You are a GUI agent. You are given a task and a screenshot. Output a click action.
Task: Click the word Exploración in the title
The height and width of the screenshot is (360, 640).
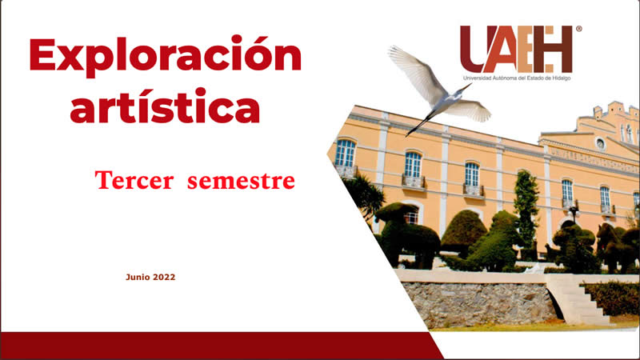point(166,56)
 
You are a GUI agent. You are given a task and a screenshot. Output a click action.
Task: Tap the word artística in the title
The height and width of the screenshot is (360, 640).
point(165,106)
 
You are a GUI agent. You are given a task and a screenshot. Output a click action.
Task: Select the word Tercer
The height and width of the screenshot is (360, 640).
point(134,181)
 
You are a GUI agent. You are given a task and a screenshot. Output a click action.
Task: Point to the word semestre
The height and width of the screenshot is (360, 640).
point(241,181)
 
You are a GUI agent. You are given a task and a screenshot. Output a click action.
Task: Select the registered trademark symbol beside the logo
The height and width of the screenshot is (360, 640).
point(578,29)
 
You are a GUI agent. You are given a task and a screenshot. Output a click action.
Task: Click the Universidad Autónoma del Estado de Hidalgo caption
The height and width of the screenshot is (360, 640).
point(517,78)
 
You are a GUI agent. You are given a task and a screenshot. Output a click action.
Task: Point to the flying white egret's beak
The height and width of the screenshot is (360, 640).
point(466,87)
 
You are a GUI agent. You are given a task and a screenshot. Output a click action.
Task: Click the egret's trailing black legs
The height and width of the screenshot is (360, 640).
point(418,126)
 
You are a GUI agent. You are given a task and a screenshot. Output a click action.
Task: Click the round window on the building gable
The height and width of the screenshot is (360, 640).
point(601,143)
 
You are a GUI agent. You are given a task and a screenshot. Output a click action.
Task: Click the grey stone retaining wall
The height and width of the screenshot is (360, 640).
point(479,304)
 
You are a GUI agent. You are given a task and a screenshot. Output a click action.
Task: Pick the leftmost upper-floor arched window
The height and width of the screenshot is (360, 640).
point(346,153)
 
